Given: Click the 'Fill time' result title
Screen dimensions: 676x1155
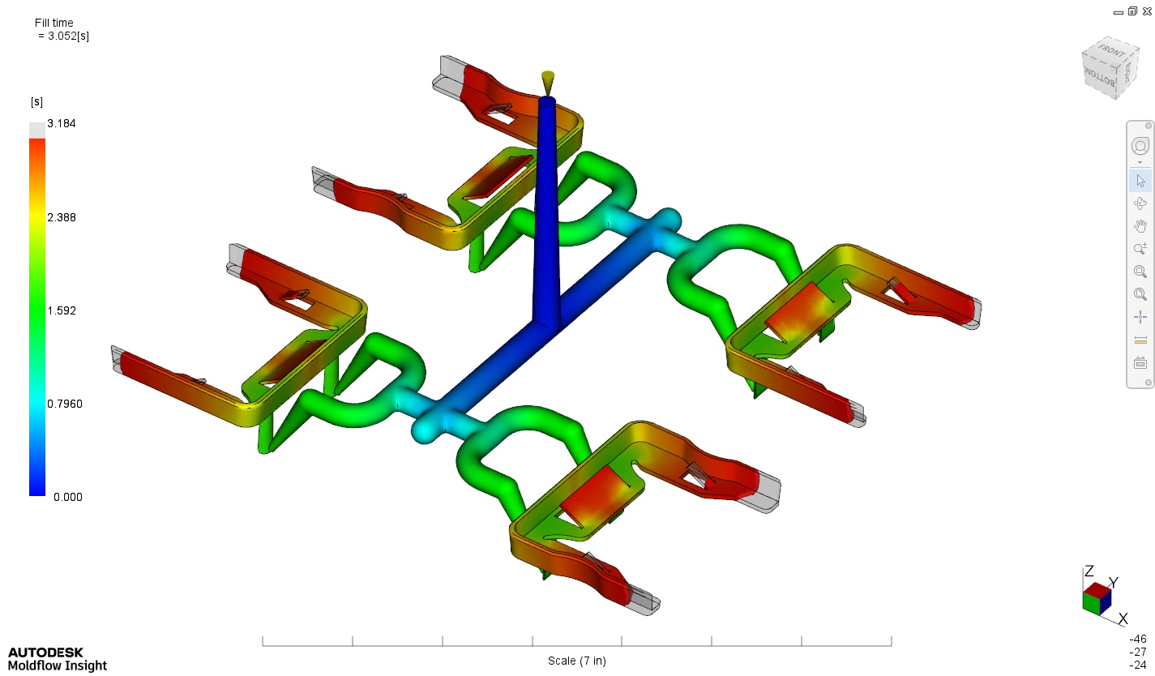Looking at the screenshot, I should click(x=55, y=23).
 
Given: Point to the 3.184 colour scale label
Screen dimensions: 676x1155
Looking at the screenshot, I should click(x=62, y=123).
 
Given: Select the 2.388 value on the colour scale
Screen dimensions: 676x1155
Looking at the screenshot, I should click(x=62, y=217).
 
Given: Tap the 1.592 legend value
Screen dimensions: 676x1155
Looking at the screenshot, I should click(x=62, y=310).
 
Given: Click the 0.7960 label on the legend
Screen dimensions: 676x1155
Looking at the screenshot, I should click(x=65, y=404).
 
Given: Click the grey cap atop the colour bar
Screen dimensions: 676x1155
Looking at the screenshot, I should click(x=37, y=130).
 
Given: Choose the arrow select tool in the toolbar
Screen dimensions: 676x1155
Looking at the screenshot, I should click(x=1140, y=181).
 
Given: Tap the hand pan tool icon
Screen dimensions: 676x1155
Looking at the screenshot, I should click(x=1140, y=226).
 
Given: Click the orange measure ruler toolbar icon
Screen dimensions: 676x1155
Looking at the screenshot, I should click(x=1140, y=340).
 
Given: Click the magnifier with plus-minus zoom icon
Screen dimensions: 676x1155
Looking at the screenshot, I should click(x=1140, y=249).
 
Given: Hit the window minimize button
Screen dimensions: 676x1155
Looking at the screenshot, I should click(x=1119, y=11).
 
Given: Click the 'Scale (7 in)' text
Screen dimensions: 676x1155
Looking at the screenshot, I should click(x=576, y=661).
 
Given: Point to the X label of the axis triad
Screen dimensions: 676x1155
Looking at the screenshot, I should click(x=1123, y=619).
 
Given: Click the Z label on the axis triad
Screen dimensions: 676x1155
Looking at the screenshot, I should click(x=1089, y=571).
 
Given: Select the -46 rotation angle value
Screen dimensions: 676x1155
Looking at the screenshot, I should click(x=1138, y=639).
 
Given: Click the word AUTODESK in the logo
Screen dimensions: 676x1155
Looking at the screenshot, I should click(x=45, y=652).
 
